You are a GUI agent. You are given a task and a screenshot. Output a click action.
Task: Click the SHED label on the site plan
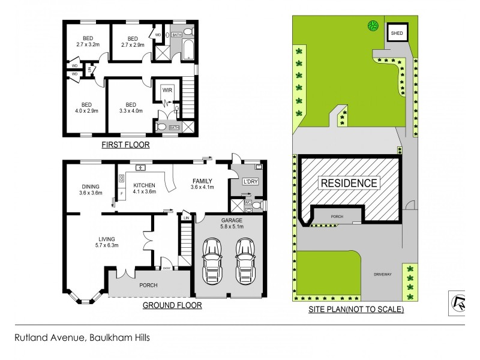click(397, 32)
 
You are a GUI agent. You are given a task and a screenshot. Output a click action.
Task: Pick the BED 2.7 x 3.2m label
click(87, 40)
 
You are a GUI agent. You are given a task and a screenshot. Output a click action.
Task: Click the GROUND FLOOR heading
click(172, 305)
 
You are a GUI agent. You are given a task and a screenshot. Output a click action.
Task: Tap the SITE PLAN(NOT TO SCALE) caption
click(356, 310)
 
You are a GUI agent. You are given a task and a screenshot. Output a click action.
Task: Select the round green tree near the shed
click(373, 25)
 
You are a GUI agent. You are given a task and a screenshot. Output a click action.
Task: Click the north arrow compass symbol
click(458, 301)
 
